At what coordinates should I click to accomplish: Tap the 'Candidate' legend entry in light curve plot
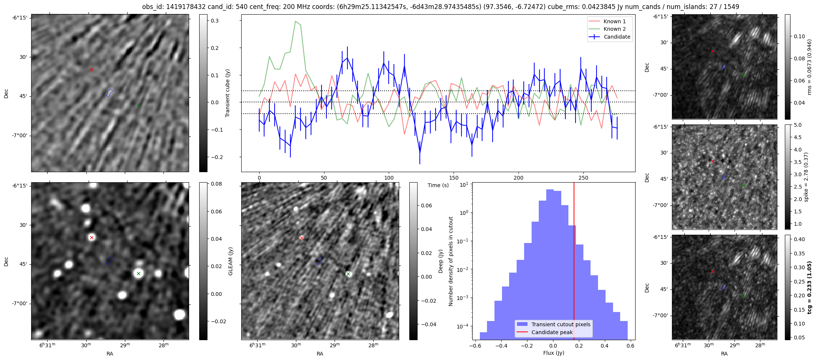pos(617,37)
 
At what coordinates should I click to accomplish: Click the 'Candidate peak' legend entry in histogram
pos(552,332)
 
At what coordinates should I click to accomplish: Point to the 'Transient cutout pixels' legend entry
pos(561,324)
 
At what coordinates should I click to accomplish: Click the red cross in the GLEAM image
pos(92,237)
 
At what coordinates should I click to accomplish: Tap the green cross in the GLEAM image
pos(138,274)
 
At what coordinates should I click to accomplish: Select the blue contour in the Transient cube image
pos(109,92)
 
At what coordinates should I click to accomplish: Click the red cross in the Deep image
pos(302,238)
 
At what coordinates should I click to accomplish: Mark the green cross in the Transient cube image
pos(138,105)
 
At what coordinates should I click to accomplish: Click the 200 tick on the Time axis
pos(518,178)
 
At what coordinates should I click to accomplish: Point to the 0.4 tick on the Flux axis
pos(604,346)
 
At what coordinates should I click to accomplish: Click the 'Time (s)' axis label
pos(438,185)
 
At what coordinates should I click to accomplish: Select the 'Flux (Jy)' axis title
pos(553,353)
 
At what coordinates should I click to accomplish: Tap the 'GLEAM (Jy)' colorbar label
pos(230,261)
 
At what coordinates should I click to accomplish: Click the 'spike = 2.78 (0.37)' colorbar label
pos(806,177)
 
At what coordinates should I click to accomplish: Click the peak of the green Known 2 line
pos(296,21)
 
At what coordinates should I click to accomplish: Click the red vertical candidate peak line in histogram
pos(574,262)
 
